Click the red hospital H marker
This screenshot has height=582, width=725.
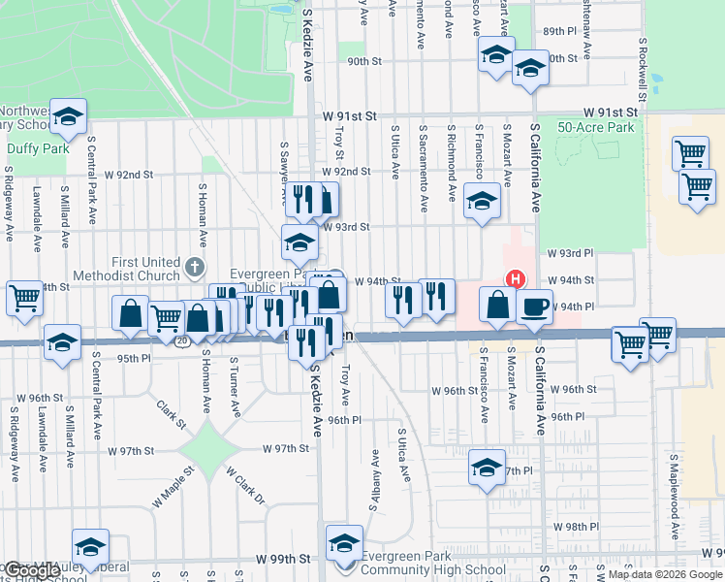coord(516,279)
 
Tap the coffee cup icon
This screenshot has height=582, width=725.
coord(534,308)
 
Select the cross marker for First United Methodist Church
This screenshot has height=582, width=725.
coord(195,267)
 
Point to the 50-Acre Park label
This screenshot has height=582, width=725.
coord(596,127)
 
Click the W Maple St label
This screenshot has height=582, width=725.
coord(173,487)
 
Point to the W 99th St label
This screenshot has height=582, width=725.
coord(283,560)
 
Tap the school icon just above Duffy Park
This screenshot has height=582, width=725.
coord(67,117)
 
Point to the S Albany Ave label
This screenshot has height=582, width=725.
coord(373,479)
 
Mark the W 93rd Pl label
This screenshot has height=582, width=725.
coord(569,253)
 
